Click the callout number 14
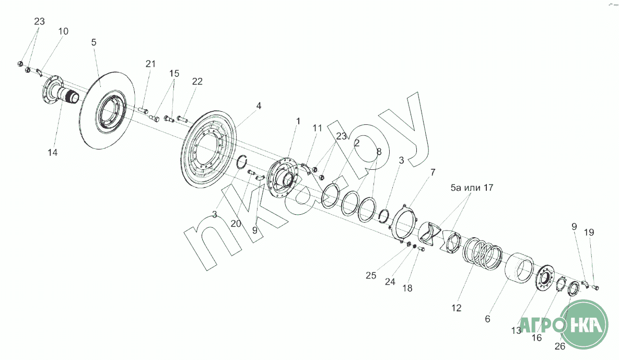tap(53, 153)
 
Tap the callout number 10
tap(63, 31)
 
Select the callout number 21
tap(150, 64)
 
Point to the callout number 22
tap(197, 82)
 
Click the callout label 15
tap(174, 74)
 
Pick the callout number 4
tap(259, 106)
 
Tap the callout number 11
tap(318, 128)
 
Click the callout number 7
tap(433, 172)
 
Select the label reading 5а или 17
tap(472, 188)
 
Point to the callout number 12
tap(457, 308)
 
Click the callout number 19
tap(589, 233)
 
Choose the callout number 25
tap(371, 275)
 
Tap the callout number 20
tap(236, 224)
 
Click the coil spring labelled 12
tap(483, 253)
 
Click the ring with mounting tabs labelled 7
tap(404, 223)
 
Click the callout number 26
tap(560, 346)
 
